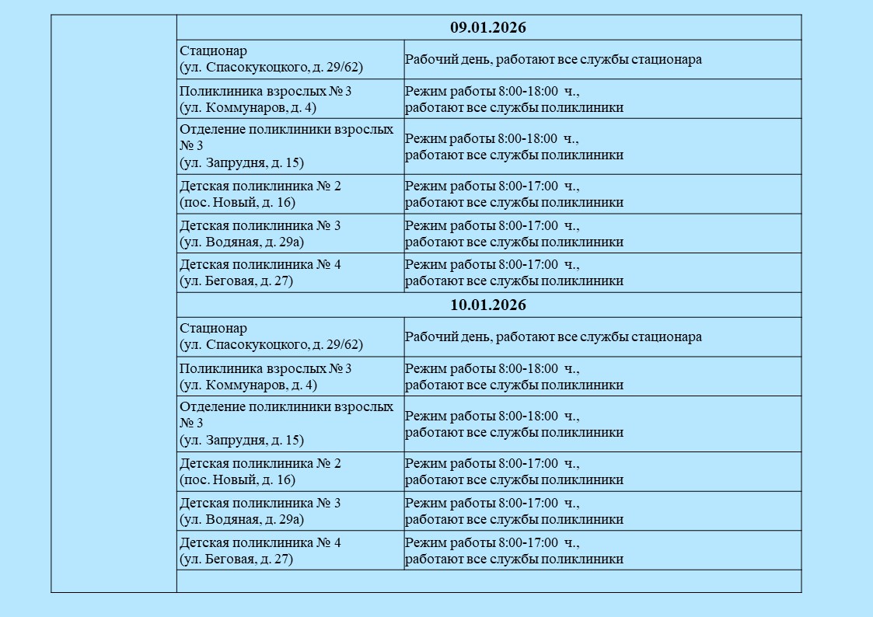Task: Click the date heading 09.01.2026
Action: click(488, 28)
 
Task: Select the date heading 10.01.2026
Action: click(488, 305)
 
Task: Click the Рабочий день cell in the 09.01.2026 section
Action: click(553, 60)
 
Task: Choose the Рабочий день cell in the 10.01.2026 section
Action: click(553, 337)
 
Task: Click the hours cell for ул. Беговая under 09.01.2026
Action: click(514, 273)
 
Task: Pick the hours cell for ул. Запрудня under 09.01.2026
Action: click(514, 147)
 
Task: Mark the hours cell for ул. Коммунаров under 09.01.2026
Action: click(514, 99)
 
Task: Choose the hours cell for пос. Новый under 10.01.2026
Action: click(514, 472)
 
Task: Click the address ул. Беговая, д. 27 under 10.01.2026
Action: click(236, 559)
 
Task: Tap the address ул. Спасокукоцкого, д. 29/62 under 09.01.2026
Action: click(271, 68)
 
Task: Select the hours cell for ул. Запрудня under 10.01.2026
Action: click(514, 424)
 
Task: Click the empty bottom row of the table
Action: click(488, 581)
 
